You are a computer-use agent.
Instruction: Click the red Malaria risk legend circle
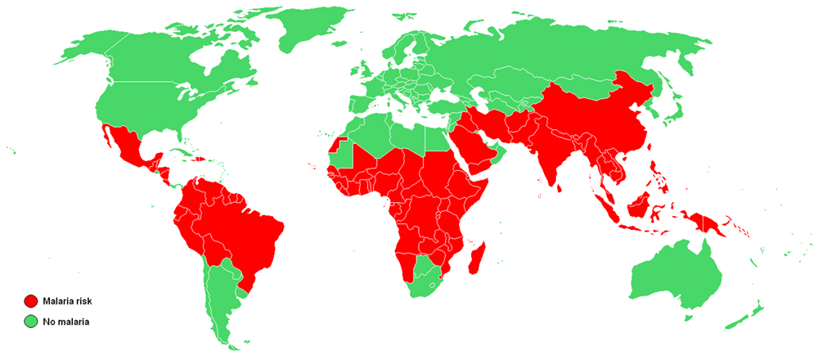click(32, 302)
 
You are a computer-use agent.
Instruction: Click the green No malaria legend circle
click(32, 321)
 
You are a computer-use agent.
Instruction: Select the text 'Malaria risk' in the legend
click(67, 302)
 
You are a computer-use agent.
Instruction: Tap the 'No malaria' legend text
click(65, 322)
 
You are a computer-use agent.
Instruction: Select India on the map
click(556, 164)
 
